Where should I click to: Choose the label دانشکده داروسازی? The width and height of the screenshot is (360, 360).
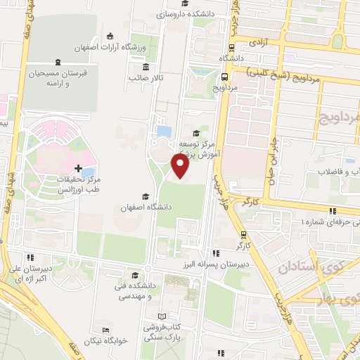tap(162, 13)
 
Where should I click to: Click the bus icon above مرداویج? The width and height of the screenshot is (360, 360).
tap(224, 77)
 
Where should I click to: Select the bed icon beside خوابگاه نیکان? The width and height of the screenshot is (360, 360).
tap(105, 330)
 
